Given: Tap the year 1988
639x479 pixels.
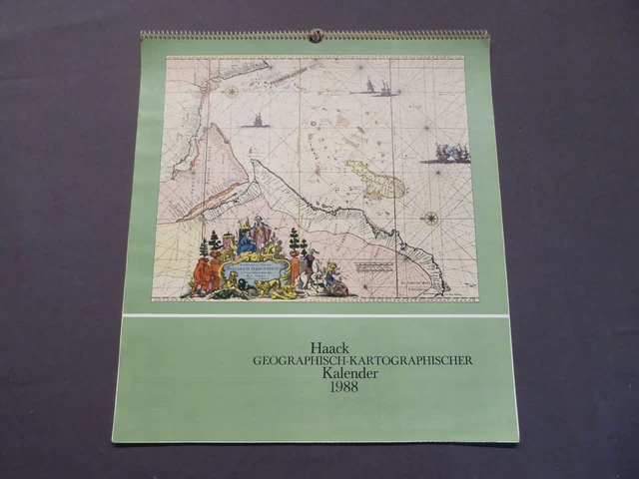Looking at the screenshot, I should pos(341,386).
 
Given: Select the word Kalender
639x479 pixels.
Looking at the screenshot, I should pos(341,373).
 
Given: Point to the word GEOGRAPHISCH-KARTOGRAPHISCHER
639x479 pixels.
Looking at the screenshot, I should pos(362,360).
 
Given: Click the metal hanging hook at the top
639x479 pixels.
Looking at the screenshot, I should pos(316,37).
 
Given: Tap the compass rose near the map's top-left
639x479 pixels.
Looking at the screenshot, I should pos(232,92).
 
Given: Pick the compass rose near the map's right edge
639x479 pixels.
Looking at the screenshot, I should pos(431,218).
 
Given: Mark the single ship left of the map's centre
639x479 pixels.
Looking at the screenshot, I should pos(259,121).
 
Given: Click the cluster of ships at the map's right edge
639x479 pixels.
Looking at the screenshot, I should pos(451,153).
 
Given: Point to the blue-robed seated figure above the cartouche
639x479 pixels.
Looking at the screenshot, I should pos(245,240).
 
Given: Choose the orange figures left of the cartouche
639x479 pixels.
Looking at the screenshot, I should pos(208,270).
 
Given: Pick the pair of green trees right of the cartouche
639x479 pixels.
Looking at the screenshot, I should pos(295,241).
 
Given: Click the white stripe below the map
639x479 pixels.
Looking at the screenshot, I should pos(315,315).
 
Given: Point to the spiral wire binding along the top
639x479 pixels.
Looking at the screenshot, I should pos(230,36).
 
